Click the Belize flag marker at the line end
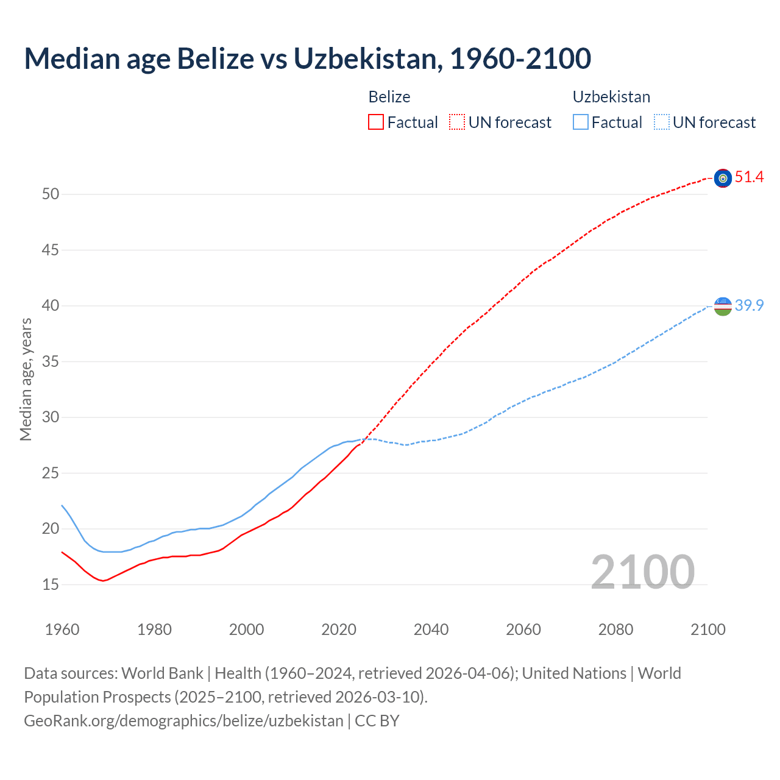(x=723, y=178)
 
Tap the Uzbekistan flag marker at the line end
(x=723, y=306)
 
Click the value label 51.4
(x=749, y=177)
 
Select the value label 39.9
(x=749, y=305)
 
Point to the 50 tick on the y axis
(x=51, y=194)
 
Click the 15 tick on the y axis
(x=51, y=584)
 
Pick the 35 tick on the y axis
(x=51, y=361)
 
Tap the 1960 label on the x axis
(x=62, y=629)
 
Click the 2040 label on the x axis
(x=431, y=629)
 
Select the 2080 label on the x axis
(x=615, y=629)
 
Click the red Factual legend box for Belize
(x=376, y=122)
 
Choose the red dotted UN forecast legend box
(x=457, y=122)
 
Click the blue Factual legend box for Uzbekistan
(x=581, y=122)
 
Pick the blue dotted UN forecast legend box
(x=661, y=122)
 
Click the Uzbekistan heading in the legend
(x=611, y=97)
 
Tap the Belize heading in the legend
(x=389, y=97)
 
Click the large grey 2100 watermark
(x=642, y=572)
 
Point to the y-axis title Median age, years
(x=26, y=379)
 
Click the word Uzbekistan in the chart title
(x=365, y=58)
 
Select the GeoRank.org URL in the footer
(x=183, y=720)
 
